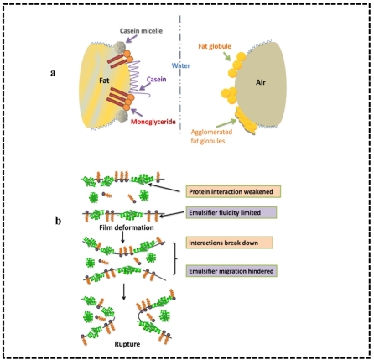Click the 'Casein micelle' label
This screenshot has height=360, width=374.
[141, 31]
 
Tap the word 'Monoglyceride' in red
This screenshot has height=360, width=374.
[153, 122]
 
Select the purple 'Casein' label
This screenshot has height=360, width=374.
[157, 80]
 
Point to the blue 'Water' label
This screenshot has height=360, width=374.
[181, 65]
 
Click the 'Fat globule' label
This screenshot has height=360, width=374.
[215, 46]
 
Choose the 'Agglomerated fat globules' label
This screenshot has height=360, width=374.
[211, 136]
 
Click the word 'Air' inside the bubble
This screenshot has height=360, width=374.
[261, 82]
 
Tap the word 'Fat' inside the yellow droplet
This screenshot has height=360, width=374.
[104, 81]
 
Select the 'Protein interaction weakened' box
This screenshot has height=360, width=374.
[233, 191]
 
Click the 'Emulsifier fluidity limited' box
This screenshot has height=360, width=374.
[231, 212]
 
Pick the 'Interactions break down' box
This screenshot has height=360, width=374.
[230, 243]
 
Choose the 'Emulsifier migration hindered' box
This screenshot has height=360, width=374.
[231, 271]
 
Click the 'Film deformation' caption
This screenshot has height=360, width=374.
[127, 227]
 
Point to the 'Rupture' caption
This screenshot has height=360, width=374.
[127, 344]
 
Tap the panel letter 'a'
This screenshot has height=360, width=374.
[53, 73]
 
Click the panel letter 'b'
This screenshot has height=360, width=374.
[58, 221]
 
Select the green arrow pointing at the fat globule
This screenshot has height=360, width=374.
[226, 56]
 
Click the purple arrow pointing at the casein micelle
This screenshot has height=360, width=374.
[130, 39]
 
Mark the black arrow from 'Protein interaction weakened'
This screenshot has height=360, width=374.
[164, 188]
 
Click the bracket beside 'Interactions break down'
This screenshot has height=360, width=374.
[175, 258]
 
